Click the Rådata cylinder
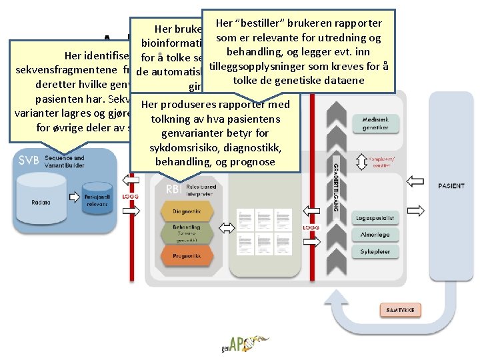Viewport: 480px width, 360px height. [42, 193]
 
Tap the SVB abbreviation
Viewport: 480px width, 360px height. [29, 160]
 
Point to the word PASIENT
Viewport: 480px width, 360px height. [452, 186]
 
